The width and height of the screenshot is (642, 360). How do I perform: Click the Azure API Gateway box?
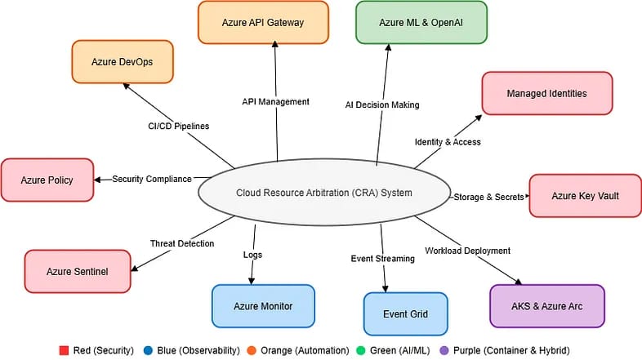pos(263,22)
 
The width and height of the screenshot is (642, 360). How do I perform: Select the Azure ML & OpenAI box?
pos(421,22)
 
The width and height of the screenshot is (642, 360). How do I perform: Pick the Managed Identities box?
pos(546,93)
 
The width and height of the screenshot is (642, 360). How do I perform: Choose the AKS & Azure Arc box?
pos(546,306)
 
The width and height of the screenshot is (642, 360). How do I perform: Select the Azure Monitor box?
pos(263,306)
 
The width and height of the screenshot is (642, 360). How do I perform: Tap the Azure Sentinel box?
pos(78,271)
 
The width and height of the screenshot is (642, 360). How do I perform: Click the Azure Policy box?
pos(47,180)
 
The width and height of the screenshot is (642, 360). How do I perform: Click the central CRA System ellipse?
pos(324,193)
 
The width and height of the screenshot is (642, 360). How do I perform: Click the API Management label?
pos(275,102)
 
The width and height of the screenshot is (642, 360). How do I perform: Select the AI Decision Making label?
pos(382,104)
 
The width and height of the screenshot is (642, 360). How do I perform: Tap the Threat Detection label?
pos(182,243)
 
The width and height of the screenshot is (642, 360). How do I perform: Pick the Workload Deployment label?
pos(467,251)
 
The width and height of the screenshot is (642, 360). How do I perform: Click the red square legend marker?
pos(65,350)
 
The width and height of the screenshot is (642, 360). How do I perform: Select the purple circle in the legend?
pos(444,350)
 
